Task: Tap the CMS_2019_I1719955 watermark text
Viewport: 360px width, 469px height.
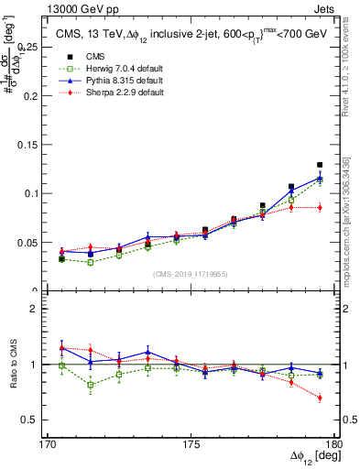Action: (191, 273)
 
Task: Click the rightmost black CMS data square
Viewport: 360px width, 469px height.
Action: (320, 165)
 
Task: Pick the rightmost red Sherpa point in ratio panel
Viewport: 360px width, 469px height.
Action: (320, 398)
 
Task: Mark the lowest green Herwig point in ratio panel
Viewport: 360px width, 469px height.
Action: (91, 385)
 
